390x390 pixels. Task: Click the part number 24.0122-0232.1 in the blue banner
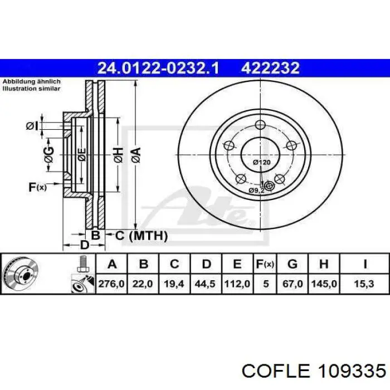point(158,68)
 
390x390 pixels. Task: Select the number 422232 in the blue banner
point(270,68)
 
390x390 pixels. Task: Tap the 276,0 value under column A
point(111,284)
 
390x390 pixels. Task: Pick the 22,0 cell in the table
point(143,284)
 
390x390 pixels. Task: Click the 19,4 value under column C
point(174,284)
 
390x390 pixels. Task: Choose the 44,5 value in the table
point(205,284)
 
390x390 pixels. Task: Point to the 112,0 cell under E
point(237,284)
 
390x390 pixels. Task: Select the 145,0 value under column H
point(324,284)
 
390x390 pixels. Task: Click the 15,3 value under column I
point(364,284)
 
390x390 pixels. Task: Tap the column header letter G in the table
point(292,264)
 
